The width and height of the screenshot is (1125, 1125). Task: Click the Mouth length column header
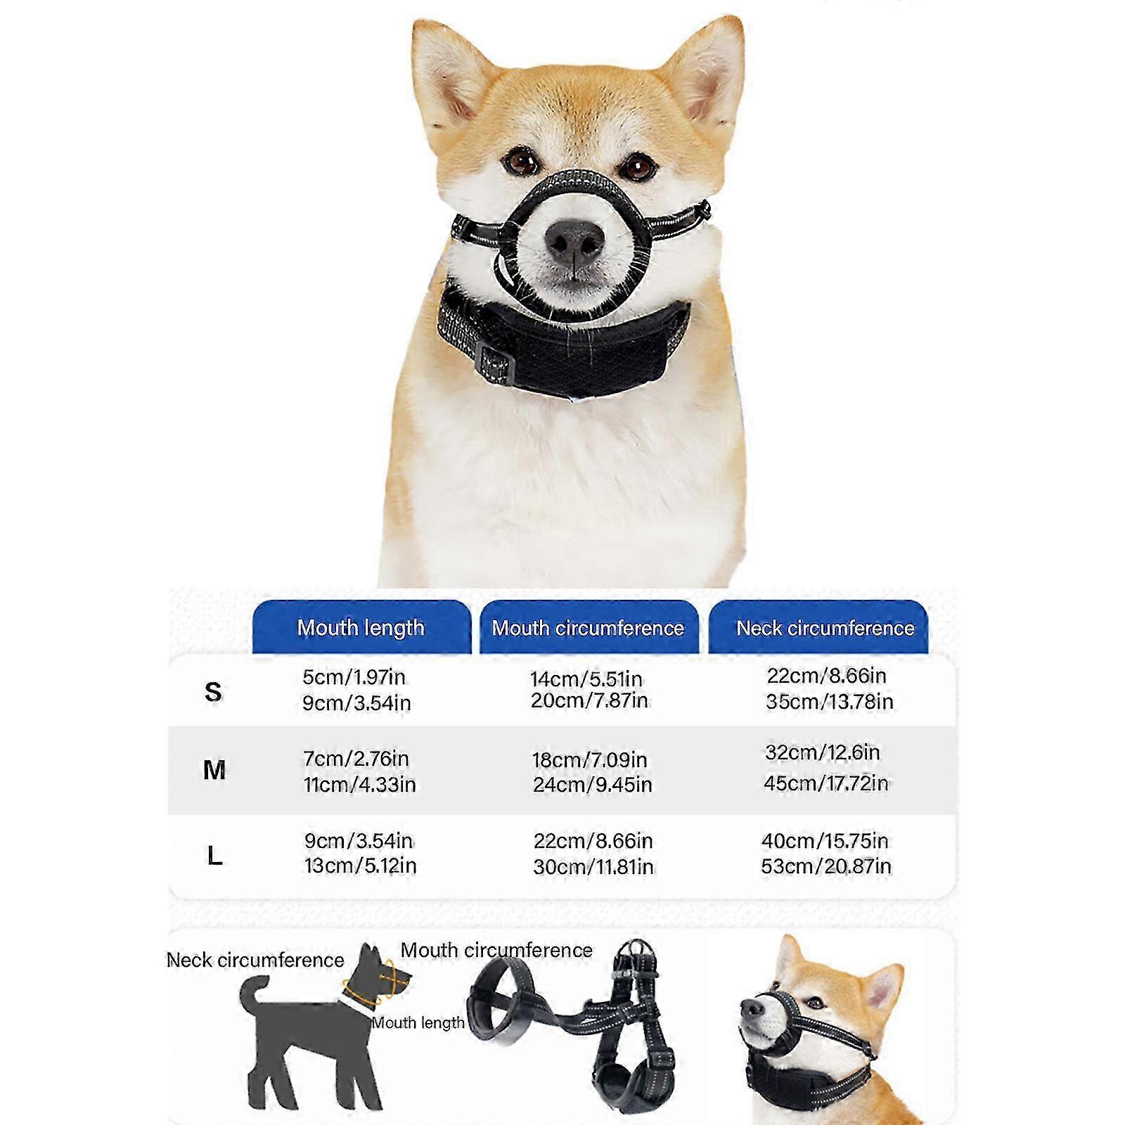(x=361, y=627)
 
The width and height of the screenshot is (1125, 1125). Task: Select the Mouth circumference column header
(x=589, y=627)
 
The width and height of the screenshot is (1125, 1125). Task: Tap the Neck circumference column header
(x=825, y=627)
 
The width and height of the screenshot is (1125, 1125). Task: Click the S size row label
(x=213, y=692)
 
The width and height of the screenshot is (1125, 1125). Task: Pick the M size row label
(x=214, y=770)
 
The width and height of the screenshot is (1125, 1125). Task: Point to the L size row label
(x=214, y=856)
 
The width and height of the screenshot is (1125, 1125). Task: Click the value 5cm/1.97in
(x=354, y=677)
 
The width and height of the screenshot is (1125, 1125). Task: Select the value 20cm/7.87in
(x=589, y=700)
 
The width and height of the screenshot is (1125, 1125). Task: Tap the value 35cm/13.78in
(x=830, y=701)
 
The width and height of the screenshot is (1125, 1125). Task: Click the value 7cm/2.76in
(x=356, y=759)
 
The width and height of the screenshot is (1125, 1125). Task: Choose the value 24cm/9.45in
(x=593, y=784)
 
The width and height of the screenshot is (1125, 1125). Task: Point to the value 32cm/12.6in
(x=823, y=752)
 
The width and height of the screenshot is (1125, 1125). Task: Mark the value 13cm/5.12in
(x=361, y=866)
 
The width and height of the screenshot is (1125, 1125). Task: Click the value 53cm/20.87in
(x=826, y=866)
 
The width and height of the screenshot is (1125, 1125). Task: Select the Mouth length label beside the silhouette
(x=418, y=1023)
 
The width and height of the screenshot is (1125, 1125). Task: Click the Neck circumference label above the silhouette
(x=255, y=960)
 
